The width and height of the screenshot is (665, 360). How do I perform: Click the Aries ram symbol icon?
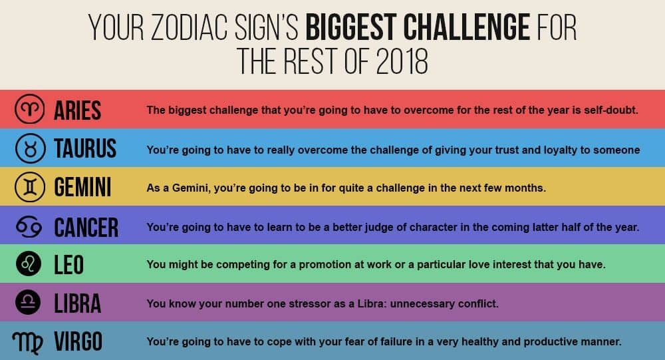(31, 109)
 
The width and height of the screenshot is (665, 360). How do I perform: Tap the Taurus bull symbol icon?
(31, 148)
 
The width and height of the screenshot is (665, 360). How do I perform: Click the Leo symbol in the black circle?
(31, 265)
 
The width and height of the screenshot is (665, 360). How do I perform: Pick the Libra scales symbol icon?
(31, 303)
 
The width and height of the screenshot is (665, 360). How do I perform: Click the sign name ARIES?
(77, 110)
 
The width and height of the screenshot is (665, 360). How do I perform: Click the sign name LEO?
(68, 265)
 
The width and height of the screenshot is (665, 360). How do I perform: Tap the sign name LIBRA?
(77, 303)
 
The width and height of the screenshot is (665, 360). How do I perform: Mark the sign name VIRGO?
(78, 342)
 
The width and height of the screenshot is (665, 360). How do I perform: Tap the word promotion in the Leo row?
(319, 265)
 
